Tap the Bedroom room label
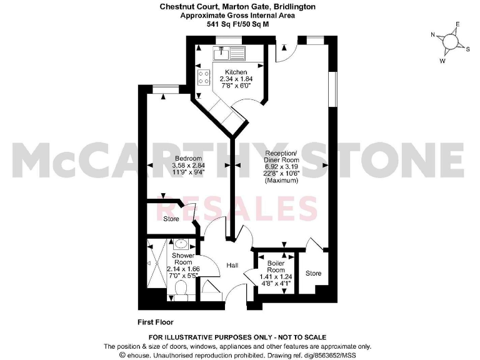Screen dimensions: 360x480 (187, 158)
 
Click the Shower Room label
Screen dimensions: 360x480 (182, 260)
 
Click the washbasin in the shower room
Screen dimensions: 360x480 (181, 244)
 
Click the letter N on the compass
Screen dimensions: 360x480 (433, 35)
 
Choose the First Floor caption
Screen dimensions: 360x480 (156, 322)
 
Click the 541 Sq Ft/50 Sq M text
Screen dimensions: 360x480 (240, 24)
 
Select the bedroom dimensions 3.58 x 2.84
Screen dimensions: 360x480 (187, 166)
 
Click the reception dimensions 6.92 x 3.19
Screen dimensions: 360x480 (282, 166)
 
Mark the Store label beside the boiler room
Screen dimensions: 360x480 (313, 273)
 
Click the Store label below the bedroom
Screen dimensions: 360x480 (171, 219)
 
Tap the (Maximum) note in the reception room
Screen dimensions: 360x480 (282, 181)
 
